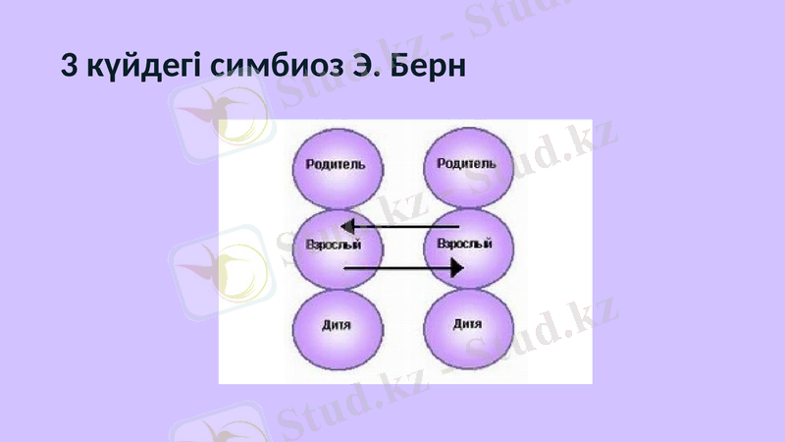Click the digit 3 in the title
pyautogui.click(x=68, y=67)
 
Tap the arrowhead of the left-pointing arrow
pyautogui.click(x=347, y=228)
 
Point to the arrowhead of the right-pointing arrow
pyautogui.click(x=456, y=267)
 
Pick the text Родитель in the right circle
pyautogui.click(x=466, y=164)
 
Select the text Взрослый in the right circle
pyautogui.click(x=464, y=243)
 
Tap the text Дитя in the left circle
pyautogui.click(x=337, y=324)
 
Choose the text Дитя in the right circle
pyautogui.click(x=467, y=324)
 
